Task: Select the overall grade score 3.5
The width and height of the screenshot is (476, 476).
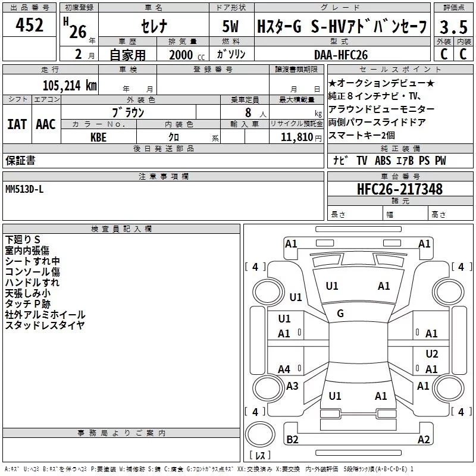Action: click(453, 27)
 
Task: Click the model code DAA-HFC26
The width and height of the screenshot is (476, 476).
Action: click(341, 54)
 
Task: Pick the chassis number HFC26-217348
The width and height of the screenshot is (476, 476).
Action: click(400, 189)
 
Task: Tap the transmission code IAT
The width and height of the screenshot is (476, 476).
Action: click(17, 124)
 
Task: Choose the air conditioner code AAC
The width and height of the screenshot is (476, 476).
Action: click(46, 124)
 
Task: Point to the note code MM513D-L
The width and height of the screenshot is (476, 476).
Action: click(24, 189)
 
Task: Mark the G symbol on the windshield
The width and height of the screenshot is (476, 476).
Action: click(340, 313)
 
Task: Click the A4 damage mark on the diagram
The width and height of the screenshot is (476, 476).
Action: click(284, 369)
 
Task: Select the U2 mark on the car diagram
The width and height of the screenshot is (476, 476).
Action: click(432, 353)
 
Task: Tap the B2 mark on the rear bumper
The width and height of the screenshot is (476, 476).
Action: click(292, 440)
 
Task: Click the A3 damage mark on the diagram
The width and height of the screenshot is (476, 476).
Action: click(292, 386)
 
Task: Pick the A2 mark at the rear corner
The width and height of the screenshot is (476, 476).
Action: click(424, 440)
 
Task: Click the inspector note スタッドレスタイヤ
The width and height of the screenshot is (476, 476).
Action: click(45, 325)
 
